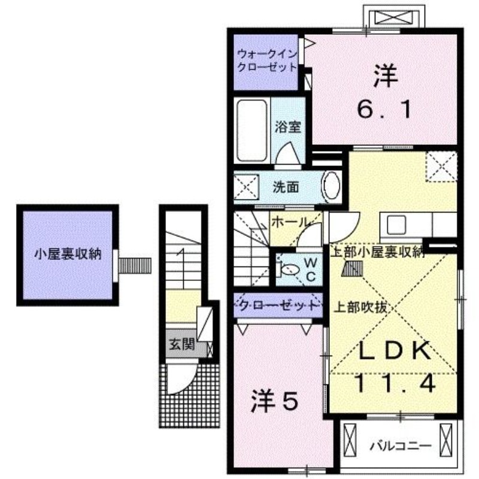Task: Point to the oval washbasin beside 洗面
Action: click(x=331, y=187)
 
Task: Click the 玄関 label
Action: click(x=180, y=344)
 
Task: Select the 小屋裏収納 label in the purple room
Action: click(x=66, y=254)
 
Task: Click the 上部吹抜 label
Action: click(x=362, y=308)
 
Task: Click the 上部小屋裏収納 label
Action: click(x=378, y=252)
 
